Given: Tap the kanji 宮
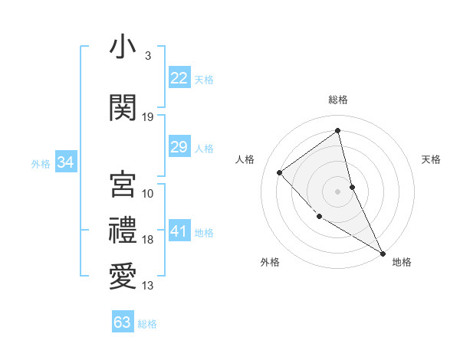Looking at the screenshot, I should (x=123, y=184).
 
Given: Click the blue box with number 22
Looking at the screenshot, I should (x=179, y=78).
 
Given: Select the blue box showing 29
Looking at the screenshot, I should (x=179, y=147).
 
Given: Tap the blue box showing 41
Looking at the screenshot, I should (x=179, y=231).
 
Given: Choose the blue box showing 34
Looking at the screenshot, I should (x=65, y=162).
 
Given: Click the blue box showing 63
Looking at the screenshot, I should (x=123, y=322).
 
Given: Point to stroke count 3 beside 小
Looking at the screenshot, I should (x=147, y=56).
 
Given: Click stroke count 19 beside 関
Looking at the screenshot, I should (x=148, y=117).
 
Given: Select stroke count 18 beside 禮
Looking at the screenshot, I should (x=148, y=240).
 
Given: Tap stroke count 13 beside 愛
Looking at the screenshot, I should (x=148, y=286).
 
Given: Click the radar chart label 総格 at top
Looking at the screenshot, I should (x=338, y=100).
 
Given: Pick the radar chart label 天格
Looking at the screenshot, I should (x=432, y=159).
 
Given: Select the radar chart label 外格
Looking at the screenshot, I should (x=270, y=262).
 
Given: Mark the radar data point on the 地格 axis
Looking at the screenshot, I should (x=383, y=253).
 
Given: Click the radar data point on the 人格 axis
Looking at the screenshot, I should (x=280, y=172).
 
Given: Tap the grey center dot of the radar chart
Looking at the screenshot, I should (x=337, y=191).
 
